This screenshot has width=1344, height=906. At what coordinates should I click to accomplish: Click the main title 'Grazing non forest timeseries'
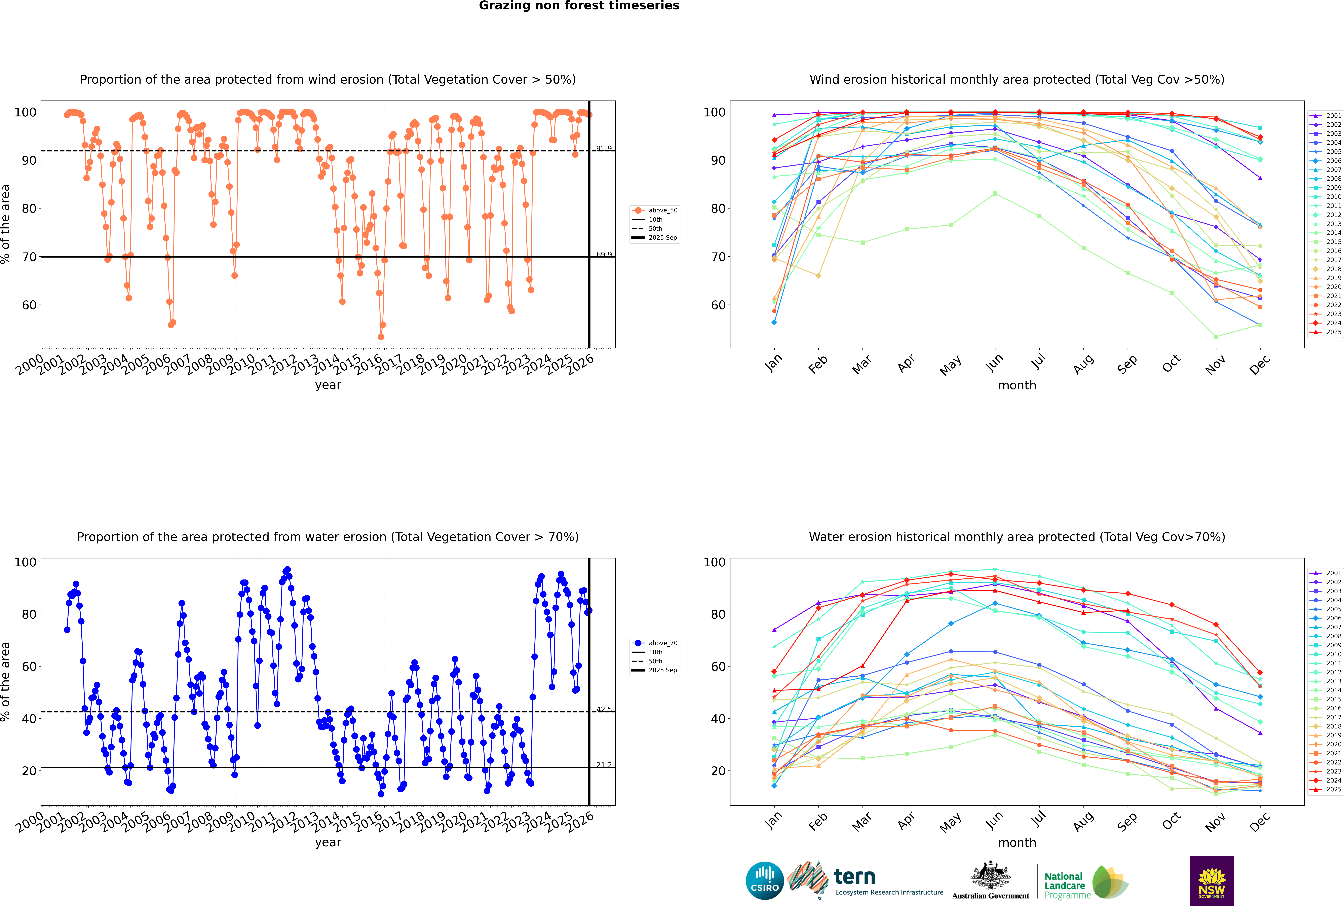579,6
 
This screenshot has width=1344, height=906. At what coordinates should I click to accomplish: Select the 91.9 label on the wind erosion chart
604,149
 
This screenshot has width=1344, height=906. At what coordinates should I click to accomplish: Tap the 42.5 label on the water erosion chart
604,710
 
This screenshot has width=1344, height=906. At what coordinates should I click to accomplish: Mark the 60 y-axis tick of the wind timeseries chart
29,305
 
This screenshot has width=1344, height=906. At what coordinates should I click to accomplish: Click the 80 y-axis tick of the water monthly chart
718,614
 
